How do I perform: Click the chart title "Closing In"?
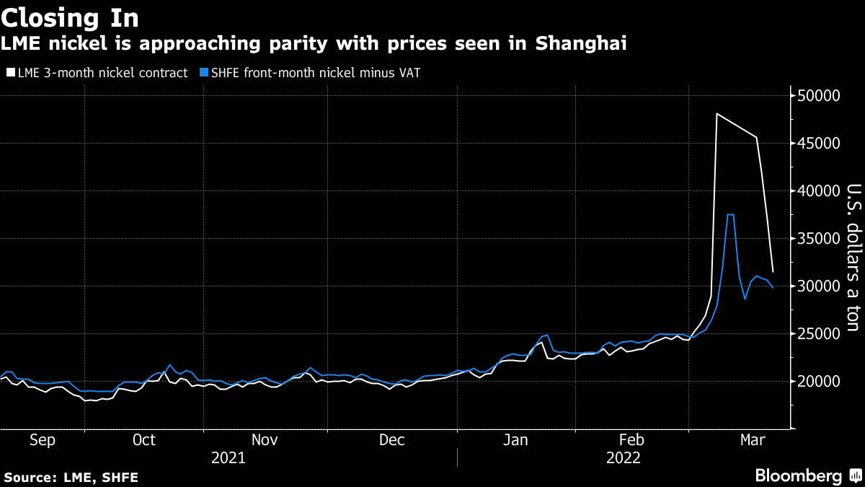(70, 17)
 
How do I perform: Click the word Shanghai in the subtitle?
(581, 43)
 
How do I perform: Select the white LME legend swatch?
(9, 73)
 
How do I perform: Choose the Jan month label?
(515, 440)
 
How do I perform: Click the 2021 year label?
(228, 457)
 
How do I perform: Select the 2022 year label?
(624, 457)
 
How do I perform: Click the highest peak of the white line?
(717, 113)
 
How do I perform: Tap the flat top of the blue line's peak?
(730, 215)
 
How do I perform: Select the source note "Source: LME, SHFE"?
(71, 477)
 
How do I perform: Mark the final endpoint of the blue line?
(773, 288)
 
